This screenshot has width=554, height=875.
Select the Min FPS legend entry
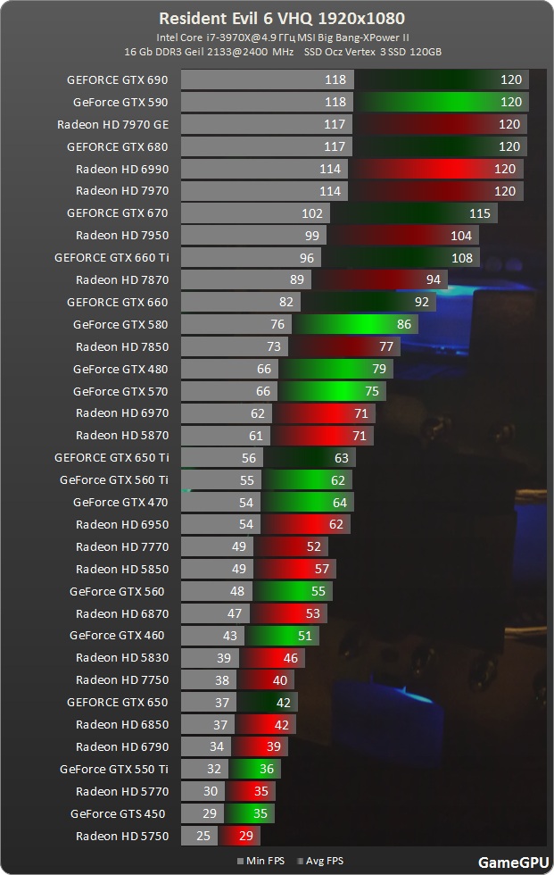(265, 862)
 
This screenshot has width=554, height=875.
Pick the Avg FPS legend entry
(323, 862)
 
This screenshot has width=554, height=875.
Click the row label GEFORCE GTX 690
(117, 79)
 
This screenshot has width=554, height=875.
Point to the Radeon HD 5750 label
(121, 836)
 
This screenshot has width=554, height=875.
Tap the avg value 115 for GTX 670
(480, 213)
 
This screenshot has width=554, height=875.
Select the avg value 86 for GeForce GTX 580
(404, 324)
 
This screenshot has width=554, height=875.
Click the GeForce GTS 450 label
(118, 813)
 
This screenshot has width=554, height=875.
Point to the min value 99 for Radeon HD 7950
(312, 236)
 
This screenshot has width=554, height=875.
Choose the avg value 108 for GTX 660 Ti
(461, 258)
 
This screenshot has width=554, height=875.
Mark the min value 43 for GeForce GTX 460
(230, 636)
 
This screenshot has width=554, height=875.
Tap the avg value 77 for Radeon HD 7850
(386, 346)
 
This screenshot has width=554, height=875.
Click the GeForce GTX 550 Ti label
(113, 769)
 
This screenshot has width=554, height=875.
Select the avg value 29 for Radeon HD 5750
(245, 836)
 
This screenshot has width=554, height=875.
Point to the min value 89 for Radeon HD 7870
(297, 280)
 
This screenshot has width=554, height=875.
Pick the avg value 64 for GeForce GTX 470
(339, 503)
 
